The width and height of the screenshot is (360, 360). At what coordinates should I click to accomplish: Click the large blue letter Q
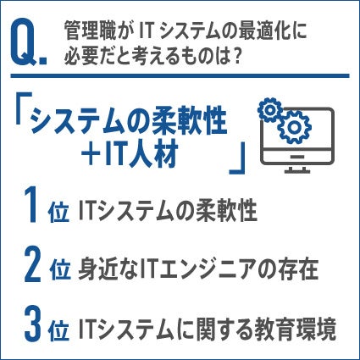[25, 43]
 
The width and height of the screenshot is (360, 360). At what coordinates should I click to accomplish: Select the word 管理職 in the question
[90, 30]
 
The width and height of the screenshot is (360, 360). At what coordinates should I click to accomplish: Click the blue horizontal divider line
[180, 76]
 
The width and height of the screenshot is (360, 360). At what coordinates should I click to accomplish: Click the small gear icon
[269, 110]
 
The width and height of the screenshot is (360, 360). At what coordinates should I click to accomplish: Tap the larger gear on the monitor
[294, 127]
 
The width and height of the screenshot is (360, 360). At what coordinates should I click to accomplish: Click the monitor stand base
[297, 170]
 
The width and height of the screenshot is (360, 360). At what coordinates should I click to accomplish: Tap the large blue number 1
[32, 206]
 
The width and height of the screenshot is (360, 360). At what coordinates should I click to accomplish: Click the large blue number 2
[33, 265]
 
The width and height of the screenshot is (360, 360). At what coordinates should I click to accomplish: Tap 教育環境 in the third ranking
[296, 329]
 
